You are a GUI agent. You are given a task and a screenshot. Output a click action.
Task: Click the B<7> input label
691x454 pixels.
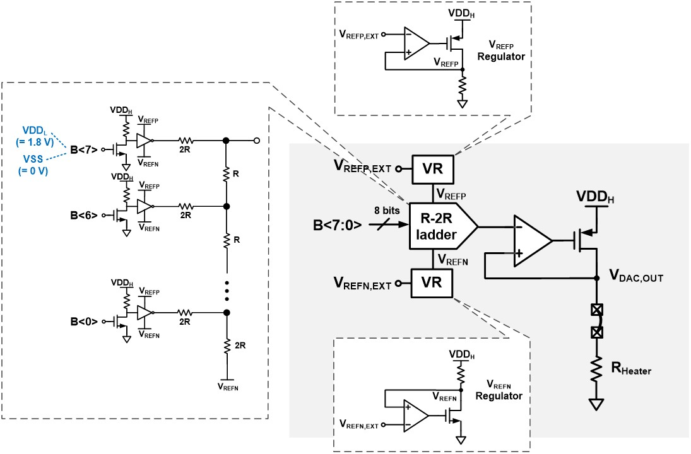pyautogui.click(x=83, y=149)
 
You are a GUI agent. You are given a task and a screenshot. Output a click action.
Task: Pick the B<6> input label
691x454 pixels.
pyautogui.click(x=83, y=215)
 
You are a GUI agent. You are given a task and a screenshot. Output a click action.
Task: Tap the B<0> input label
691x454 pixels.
pyautogui.click(x=83, y=321)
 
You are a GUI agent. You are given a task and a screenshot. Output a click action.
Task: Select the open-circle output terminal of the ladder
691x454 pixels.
pyautogui.click(x=256, y=140)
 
